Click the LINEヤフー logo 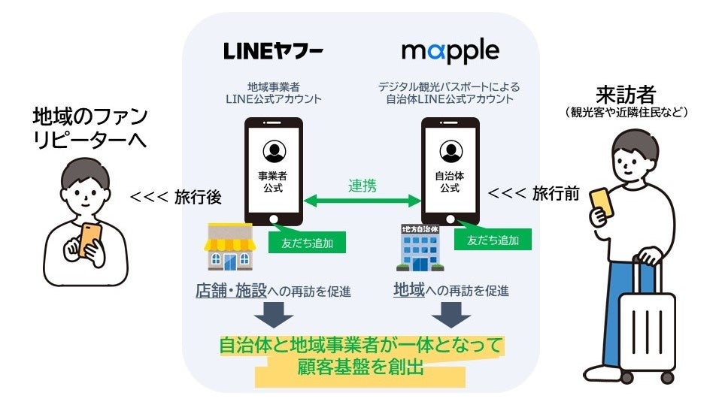(x=274, y=51)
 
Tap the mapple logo (x=450, y=51)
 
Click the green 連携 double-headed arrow (x=363, y=201)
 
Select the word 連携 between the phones (x=363, y=185)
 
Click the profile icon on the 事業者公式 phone (x=274, y=151)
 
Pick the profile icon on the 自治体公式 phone (x=450, y=151)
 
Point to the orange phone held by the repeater (x=91, y=239)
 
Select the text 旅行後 (x=197, y=197)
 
